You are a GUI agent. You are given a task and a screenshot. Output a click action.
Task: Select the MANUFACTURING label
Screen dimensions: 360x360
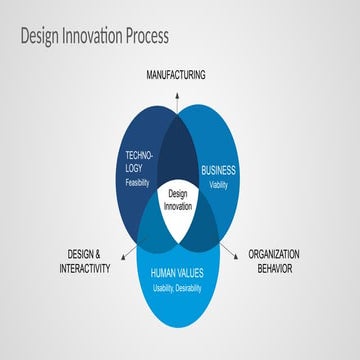pos(175,75)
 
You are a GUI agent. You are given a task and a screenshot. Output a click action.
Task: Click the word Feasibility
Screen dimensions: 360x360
pos(139,183)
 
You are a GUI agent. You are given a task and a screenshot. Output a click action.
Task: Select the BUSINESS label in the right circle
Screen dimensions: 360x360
pos(218,170)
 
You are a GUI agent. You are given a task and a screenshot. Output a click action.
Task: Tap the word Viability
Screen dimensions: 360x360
pos(218,184)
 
